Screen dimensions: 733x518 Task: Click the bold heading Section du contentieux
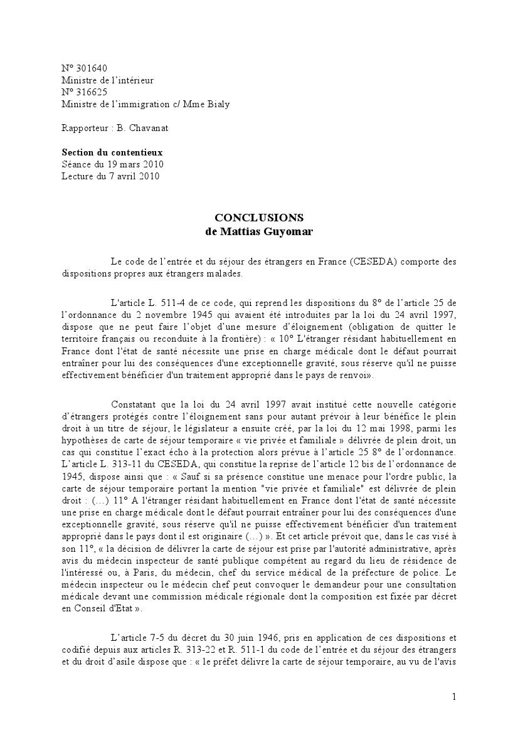point(112,152)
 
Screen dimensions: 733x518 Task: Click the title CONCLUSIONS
point(259,218)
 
